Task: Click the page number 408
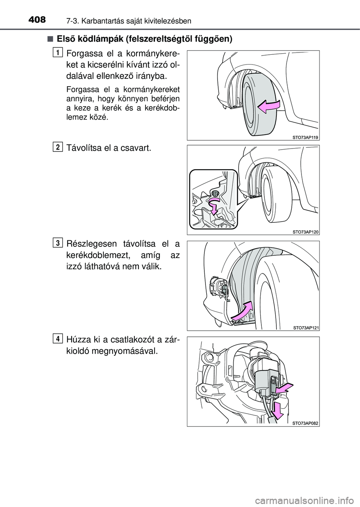[x=37, y=20]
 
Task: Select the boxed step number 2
[x=58, y=147]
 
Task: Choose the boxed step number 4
[x=58, y=339]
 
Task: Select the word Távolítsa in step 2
[x=83, y=148]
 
